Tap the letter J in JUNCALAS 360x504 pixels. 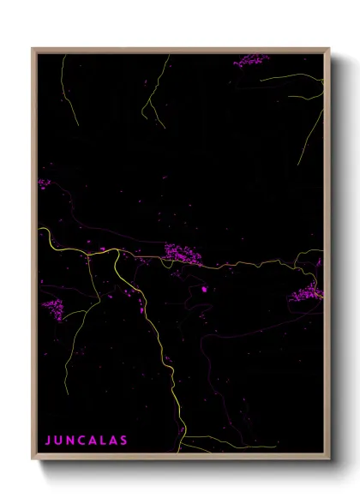pos(48,440)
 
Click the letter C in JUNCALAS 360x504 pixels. pos(80,440)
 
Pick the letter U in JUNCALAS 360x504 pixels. pos(58,440)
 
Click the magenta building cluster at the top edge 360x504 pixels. pos(251,60)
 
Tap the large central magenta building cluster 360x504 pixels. pos(183,253)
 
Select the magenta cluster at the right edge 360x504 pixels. pos(307,293)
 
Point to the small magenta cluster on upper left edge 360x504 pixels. pos(44,183)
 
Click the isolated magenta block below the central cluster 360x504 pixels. pos(204,289)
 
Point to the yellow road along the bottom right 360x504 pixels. pos(249,446)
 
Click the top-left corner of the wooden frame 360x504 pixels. pos(33,49)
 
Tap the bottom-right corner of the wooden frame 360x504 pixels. pos(328,460)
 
